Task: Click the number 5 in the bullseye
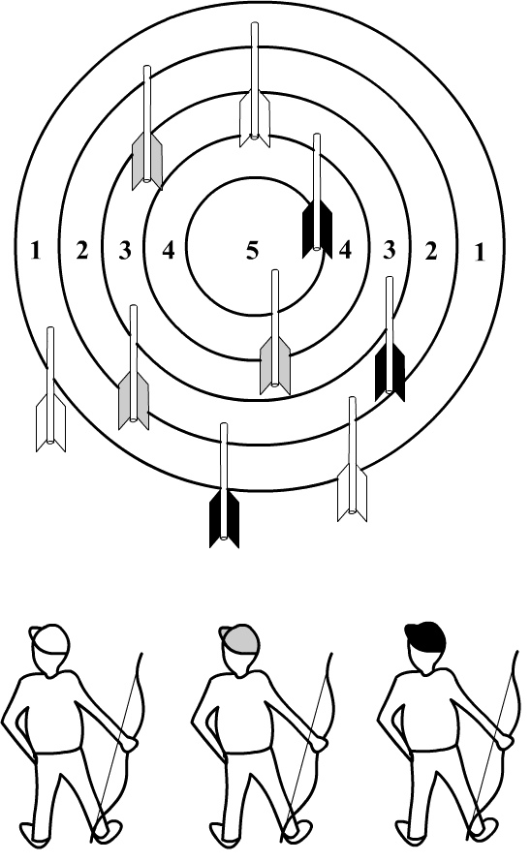coord(252,251)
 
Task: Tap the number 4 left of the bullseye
coord(169,251)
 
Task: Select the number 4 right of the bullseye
coord(345,250)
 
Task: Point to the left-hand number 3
coord(125,251)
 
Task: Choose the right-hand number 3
coord(389,250)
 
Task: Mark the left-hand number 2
coord(82,251)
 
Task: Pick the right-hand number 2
coord(431,251)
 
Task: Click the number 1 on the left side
coord(36,251)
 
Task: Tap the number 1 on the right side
coord(480,252)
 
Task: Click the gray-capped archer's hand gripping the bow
coord(318,742)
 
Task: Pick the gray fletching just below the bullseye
coord(275,365)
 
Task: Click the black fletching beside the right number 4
coord(317,229)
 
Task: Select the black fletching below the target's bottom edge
coord(224,518)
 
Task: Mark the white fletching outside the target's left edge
coord(50,422)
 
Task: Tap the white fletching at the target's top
coord(254,119)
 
